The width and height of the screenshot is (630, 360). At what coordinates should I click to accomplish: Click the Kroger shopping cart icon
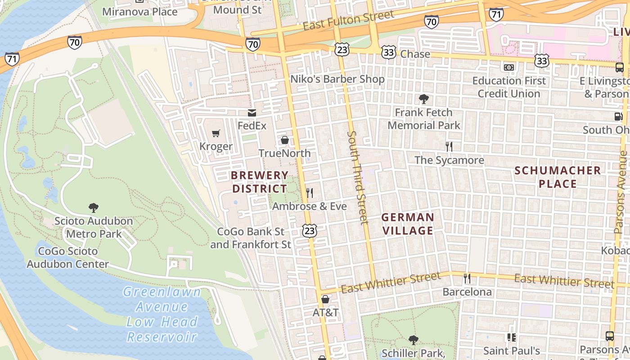pos(216,133)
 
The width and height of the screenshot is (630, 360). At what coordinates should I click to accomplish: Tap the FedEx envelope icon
pos(252,113)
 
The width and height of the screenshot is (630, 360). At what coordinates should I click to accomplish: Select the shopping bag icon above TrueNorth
pos(284,140)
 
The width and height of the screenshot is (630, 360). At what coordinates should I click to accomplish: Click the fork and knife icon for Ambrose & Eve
pos(310,193)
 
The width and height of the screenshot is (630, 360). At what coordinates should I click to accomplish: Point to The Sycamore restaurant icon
pos(449,146)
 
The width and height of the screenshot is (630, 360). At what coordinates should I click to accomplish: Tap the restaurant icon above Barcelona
pos(467,279)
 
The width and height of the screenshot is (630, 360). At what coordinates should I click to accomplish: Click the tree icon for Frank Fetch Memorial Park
pos(423,99)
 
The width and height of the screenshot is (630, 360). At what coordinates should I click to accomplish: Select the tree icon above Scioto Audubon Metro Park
pos(94,207)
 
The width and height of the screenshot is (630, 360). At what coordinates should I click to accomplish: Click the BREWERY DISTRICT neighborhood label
pos(260,182)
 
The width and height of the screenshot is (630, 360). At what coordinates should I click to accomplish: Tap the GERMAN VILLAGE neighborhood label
pos(408,224)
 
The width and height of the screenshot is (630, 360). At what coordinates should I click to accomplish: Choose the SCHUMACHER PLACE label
pos(558,177)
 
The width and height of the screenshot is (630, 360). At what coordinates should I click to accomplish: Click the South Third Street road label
pos(358,177)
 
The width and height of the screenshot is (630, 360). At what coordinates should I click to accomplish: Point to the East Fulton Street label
pos(349,20)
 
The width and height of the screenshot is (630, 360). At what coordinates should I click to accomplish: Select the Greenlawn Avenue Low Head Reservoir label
pos(162,314)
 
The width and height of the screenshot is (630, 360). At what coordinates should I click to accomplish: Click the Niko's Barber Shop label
pos(337,79)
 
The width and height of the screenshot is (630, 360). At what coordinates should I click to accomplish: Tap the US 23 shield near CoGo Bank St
pos(310,231)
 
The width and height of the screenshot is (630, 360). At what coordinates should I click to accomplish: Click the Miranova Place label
pos(140,12)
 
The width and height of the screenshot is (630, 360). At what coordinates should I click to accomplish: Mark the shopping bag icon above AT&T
pos(325,299)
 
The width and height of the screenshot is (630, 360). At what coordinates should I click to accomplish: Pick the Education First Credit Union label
pos(509,87)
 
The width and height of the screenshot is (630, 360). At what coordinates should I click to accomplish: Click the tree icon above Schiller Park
pos(414,340)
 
